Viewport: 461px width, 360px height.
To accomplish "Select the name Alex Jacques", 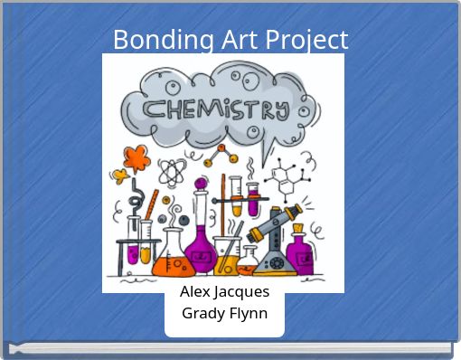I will pos(224,292).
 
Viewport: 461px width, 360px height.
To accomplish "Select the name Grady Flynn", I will pos(224,314).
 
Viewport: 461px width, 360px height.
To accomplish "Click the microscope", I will pos(276,240).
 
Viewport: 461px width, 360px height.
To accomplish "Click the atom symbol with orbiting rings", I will pos(171,172).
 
